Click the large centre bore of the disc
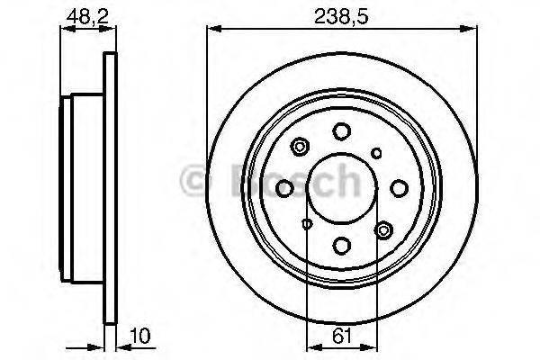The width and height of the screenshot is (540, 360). [341, 186]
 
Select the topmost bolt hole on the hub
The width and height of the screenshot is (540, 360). [341, 131]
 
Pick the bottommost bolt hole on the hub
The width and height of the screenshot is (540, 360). [341, 244]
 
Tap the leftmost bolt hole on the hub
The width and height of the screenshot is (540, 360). [285, 188]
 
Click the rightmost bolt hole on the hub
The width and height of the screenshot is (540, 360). [397, 188]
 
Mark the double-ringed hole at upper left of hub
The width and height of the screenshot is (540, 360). [301, 145]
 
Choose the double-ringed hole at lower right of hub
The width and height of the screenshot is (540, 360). [383, 231]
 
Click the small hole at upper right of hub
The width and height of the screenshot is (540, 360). [377, 152]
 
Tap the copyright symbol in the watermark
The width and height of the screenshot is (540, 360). [195, 181]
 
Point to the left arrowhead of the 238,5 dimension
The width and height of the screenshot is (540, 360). [212, 30]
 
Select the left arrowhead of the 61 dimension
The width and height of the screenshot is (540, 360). [311, 346]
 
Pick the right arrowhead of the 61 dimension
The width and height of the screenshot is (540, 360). [370, 346]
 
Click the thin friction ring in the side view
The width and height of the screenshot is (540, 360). [111, 189]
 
